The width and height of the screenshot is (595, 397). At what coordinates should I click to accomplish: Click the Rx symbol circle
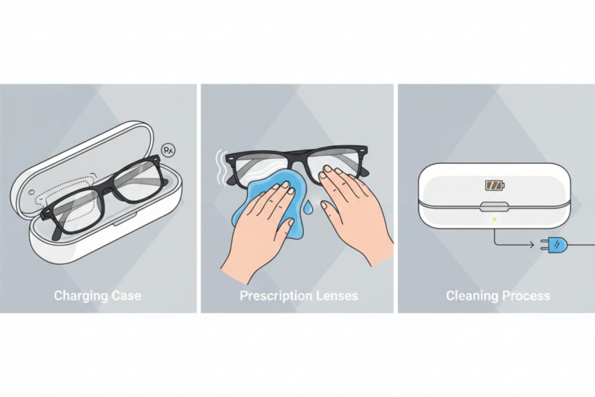pyautogui.click(x=168, y=150)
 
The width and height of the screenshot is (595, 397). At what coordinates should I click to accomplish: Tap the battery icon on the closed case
pyautogui.click(x=495, y=185)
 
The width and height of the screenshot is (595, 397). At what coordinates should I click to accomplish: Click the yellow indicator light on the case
pyautogui.click(x=494, y=219)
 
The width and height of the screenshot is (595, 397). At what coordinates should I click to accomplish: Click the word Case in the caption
pyautogui.click(x=127, y=295)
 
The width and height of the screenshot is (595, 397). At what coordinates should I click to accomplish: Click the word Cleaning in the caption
pyautogui.click(x=472, y=296)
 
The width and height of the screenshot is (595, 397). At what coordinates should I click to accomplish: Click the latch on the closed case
pyautogui.click(x=494, y=207)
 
